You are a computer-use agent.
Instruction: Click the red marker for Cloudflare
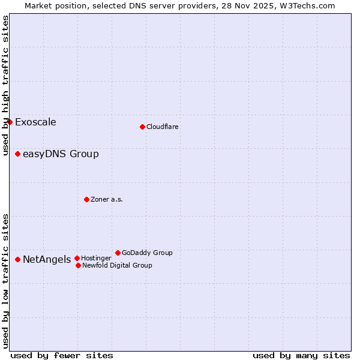tap(142, 127)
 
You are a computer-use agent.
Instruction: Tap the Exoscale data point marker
tap(10, 122)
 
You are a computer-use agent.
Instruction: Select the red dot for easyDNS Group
tap(17, 154)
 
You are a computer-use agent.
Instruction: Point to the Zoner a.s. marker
tap(86, 199)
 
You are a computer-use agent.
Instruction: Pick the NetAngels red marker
tap(17, 259)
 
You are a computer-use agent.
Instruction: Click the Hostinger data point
tap(77, 258)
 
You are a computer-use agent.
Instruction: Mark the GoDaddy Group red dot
tap(118, 253)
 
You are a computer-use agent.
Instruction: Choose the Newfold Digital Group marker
tap(78, 265)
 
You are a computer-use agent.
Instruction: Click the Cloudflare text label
tap(163, 127)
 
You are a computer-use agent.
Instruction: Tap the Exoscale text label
tap(35, 122)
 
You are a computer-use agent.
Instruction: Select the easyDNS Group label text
tap(61, 154)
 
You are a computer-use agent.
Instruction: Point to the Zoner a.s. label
tap(107, 199)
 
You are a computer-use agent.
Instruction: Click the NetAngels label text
tap(47, 260)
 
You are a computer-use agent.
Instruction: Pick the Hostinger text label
tap(96, 258)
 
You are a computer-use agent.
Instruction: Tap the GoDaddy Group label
tap(147, 253)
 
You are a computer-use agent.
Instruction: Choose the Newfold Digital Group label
tap(117, 265)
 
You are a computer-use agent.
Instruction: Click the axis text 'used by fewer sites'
tap(62, 355)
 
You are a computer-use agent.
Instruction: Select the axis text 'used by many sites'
tap(301, 355)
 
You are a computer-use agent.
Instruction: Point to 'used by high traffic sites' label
tap(5, 85)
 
